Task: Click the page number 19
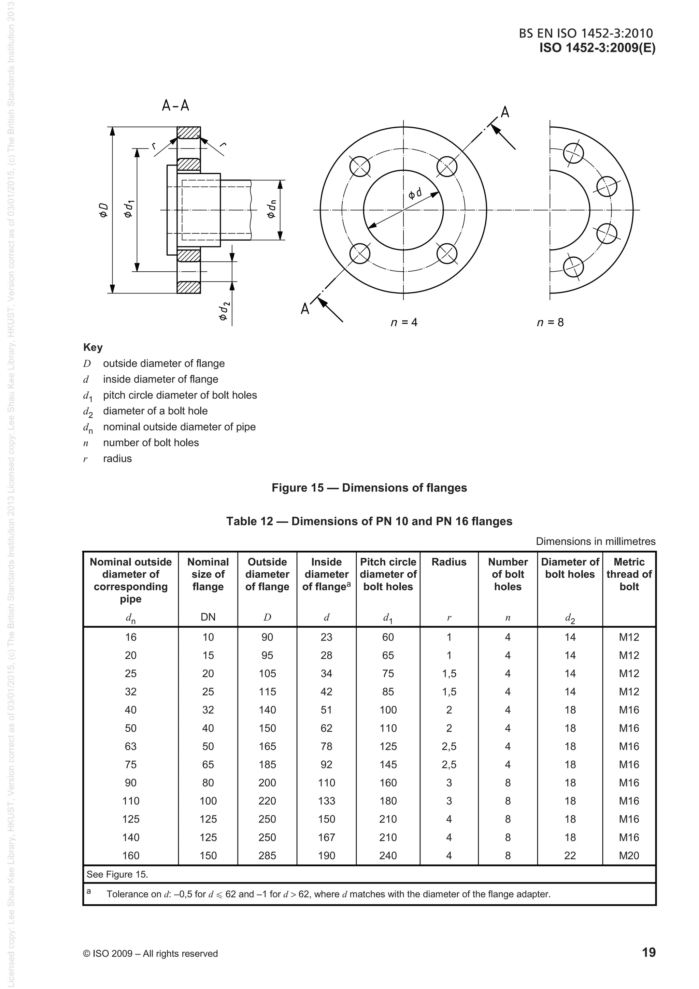coord(648,952)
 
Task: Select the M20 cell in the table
coord(629,856)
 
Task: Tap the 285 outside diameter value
coord(267,856)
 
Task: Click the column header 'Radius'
coord(449,562)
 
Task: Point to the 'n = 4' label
coord(403,322)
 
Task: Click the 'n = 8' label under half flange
coord(550,322)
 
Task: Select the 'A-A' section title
coord(175,105)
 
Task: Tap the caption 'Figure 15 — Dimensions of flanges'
coord(369,488)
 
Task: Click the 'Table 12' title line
coord(369,521)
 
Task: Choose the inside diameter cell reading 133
coord(326,801)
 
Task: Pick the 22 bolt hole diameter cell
coord(570,856)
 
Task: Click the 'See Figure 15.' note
coord(117,874)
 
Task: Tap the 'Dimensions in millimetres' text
coord(596,542)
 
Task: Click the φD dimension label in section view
coord(103,210)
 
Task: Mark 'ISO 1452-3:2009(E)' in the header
coord(597,48)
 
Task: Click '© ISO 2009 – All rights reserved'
coord(150,954)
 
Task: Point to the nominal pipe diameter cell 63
coord(130,746)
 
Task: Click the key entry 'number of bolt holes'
coord(151,442)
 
